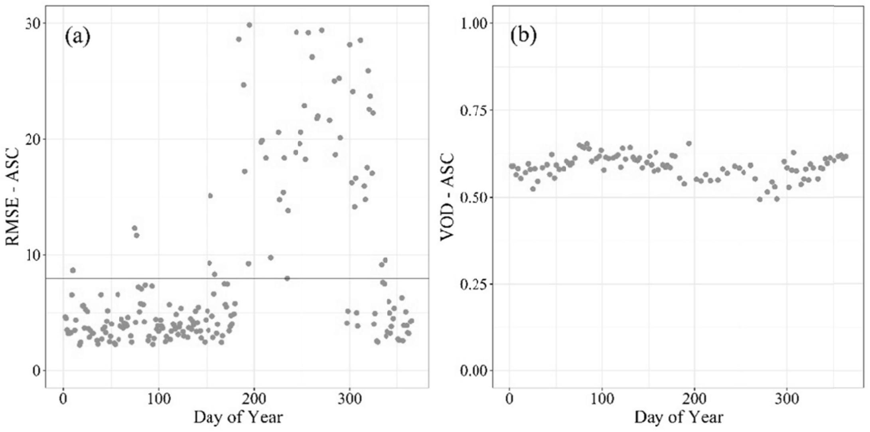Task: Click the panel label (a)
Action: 77,37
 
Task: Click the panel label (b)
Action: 523,36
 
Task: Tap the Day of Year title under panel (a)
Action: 238,417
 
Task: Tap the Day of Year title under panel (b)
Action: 679,417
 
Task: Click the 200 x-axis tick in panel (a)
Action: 254,399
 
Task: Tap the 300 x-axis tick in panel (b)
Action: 787,399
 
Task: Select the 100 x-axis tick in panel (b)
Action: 602,399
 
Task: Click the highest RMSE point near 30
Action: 249,25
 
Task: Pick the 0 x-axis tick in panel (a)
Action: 63,399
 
